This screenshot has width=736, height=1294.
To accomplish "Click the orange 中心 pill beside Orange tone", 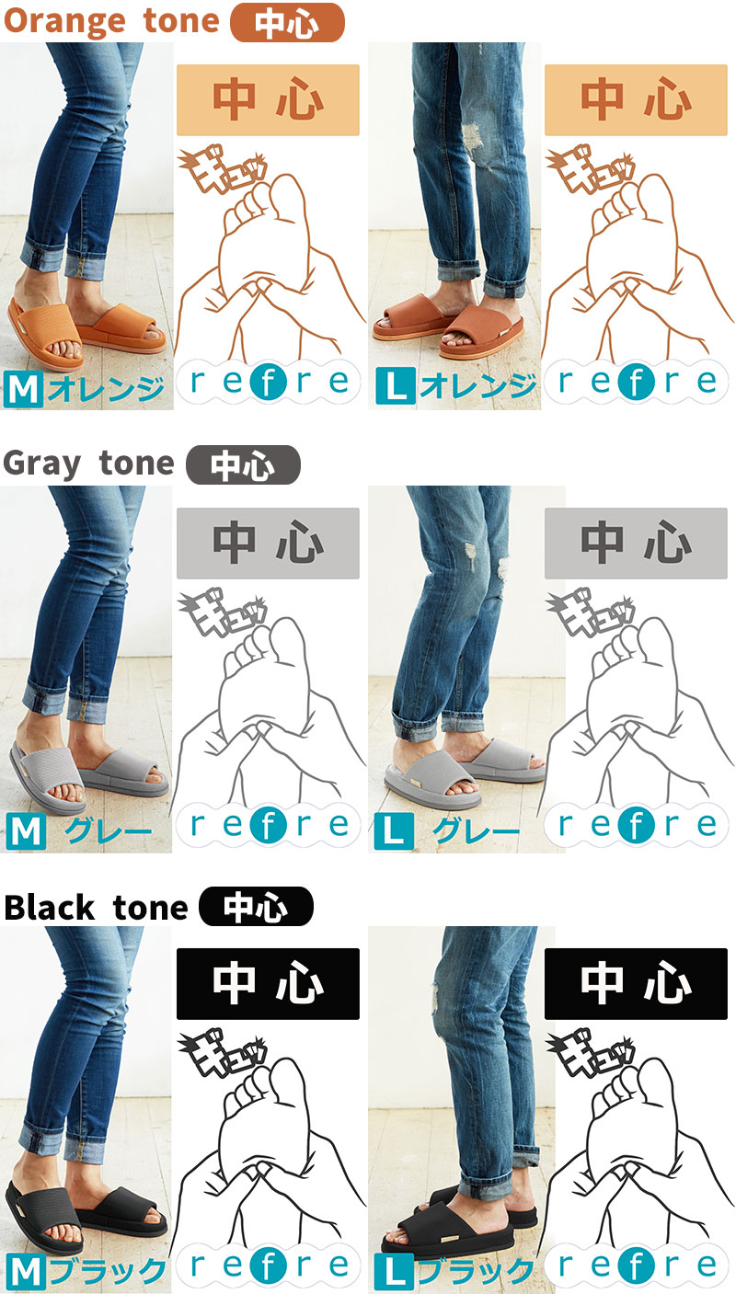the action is [x=287, y=22].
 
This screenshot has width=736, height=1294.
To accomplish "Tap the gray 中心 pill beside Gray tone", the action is [x=243, y=464].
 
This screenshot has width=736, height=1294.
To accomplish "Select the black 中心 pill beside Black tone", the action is [x=256, y=906].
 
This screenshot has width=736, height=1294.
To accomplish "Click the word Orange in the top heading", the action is [x=64, y=22].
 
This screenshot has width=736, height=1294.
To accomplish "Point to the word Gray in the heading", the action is [x=41, y=464].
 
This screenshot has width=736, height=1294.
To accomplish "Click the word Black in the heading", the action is [x=49, y=907].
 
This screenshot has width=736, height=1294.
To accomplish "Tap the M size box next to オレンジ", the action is [x=24, y=388].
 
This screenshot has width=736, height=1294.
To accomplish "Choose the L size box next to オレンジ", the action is [x=396, y=385].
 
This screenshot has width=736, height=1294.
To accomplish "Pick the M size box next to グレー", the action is [x=27, y=830].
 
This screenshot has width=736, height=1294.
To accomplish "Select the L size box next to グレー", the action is [x=394, y=830].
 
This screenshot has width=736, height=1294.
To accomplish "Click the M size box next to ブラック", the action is [x=27, y=1272].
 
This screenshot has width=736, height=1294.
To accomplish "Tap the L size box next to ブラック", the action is [x=394, y=1272].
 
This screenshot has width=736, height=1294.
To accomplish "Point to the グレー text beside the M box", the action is [x=108, y=831].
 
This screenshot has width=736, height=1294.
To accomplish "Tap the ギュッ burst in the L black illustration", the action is [x=590, y=1052].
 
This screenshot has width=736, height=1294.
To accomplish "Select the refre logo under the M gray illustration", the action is [x=268, y=825].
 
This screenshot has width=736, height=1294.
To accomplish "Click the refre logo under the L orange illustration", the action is [x=636, y=382].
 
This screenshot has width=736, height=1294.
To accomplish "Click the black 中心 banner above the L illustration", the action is [x=636, y=984].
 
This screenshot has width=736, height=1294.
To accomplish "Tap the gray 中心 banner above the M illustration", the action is [x=268, y=543].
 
